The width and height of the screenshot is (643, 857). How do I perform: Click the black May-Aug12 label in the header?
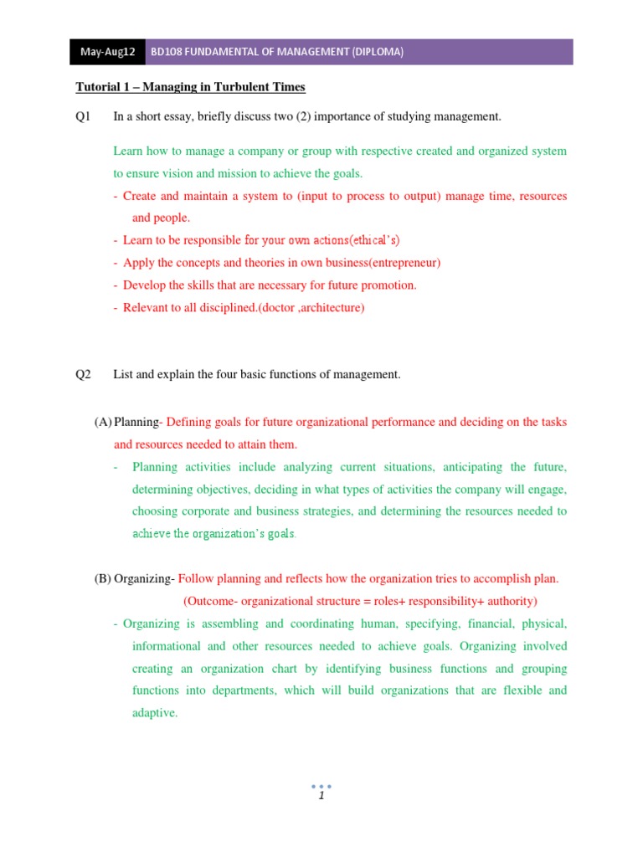click(107, 52)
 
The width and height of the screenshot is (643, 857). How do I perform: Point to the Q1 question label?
click(83, 117)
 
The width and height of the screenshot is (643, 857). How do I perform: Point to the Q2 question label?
click(83, 375)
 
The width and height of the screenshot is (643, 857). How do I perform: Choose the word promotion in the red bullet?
click(388, 285)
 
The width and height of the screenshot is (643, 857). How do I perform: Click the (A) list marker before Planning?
click(103, 423)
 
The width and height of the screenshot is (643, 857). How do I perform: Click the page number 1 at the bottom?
click(321, 796)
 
